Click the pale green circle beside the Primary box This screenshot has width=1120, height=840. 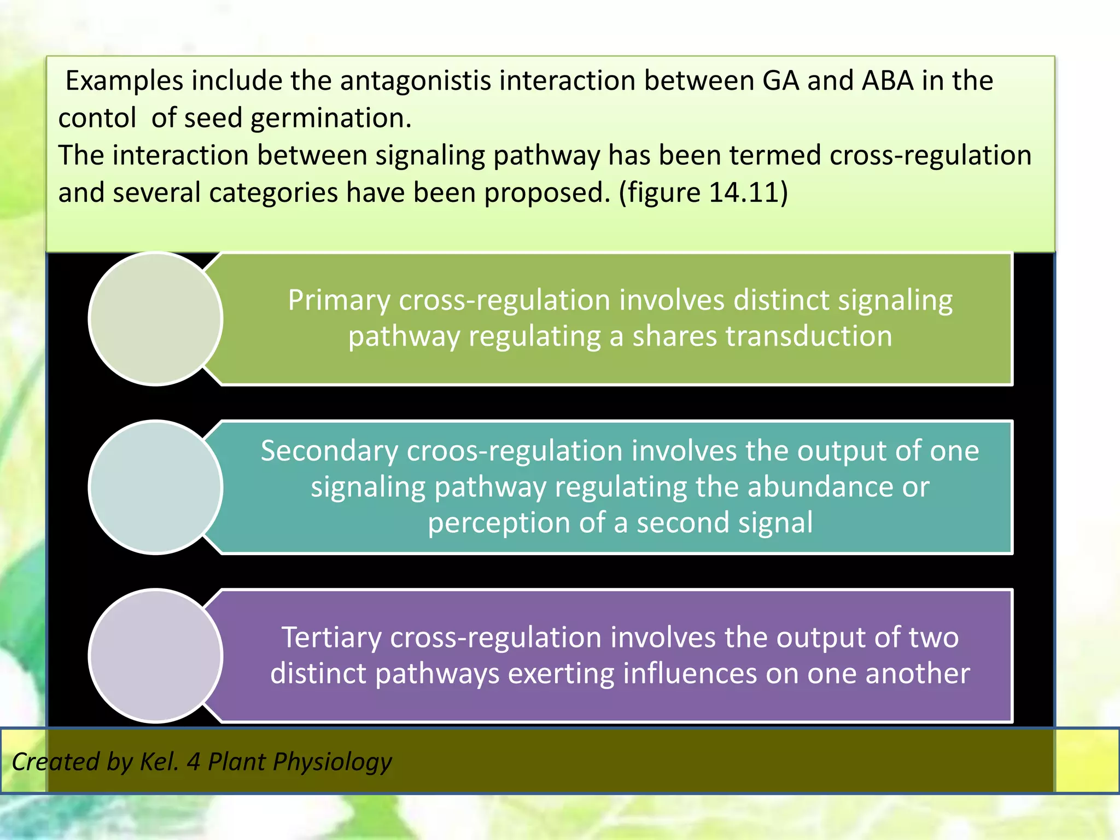(155, 319)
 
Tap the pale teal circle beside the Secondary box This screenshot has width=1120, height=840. (155, 487)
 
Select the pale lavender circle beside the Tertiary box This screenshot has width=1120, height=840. (155, 656)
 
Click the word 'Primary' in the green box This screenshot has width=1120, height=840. (339, 301)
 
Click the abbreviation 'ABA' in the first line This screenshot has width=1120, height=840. (888, 81)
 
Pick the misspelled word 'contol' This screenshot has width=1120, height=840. (97, 118)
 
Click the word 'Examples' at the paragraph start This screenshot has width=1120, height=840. (124, 81)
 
